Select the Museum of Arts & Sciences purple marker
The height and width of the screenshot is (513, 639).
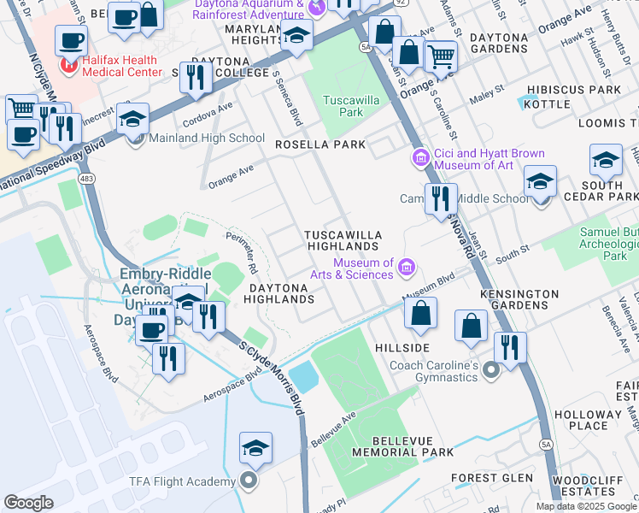[407, 268]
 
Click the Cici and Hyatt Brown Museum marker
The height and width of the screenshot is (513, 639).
[420, 159]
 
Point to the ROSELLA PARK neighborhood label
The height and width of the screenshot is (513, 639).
[320, 144]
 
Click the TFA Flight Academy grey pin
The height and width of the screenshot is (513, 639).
[249, 482]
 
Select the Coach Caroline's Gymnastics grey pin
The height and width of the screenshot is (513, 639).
[490, 370]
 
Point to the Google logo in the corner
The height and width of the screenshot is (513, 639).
[29, 503]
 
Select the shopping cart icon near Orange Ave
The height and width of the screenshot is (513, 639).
[441, 56]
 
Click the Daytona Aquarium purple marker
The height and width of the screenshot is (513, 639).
[317, 9]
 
